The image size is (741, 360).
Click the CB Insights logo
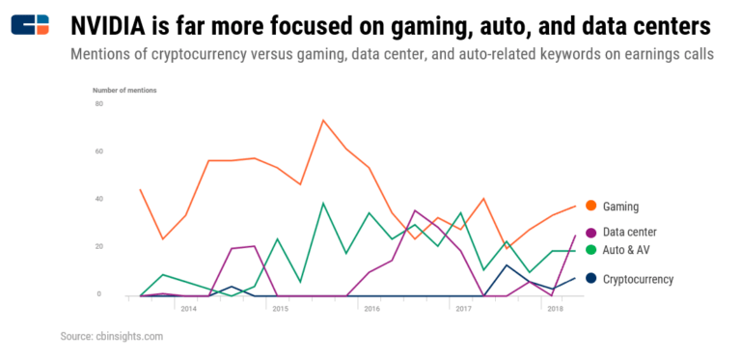pos(30,24)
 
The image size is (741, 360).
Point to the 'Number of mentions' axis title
pos(123,90)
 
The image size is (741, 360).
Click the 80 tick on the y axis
pos(98,103)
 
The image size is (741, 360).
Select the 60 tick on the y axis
pos(98,152)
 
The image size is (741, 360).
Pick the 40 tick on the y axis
pos(98,199)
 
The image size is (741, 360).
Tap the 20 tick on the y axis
pos(98,247)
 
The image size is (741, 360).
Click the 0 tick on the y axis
pos(100,294)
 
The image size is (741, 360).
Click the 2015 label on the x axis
pos(279,309)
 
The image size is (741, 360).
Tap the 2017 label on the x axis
pos(463,309)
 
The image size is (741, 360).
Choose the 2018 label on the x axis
pos(555,309)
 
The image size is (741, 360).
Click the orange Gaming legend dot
pos(589,206)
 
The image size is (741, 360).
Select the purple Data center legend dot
pos(589,232)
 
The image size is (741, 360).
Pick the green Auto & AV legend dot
pos(589,250)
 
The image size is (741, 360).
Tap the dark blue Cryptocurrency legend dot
pos(589,279)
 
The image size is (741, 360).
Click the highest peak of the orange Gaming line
pos(323,121)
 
